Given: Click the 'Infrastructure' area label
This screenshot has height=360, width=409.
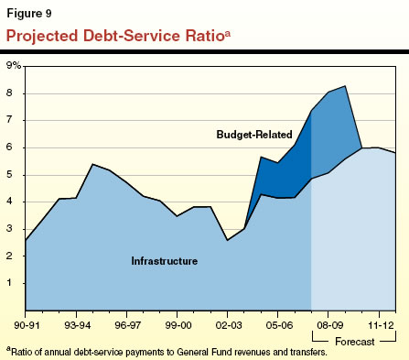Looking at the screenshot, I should (x=165, y=261).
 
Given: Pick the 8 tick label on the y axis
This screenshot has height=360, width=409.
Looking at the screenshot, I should (x=16, y=93).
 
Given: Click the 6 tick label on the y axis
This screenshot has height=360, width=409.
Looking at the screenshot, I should (x=16, y=147).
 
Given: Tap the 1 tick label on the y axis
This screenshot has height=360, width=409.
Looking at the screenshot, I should (x=16, y=283).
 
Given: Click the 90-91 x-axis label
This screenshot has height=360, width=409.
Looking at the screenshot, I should (x=27, y=323).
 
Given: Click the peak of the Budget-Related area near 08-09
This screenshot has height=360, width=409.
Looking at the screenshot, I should (x=344, y=86).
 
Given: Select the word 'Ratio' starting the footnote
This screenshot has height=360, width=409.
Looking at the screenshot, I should (x=22, y=352).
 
